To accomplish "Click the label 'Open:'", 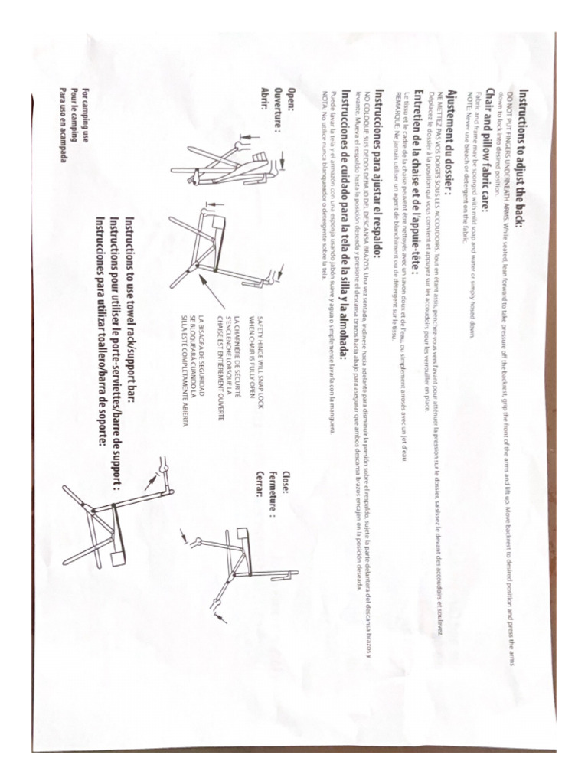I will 292,100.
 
